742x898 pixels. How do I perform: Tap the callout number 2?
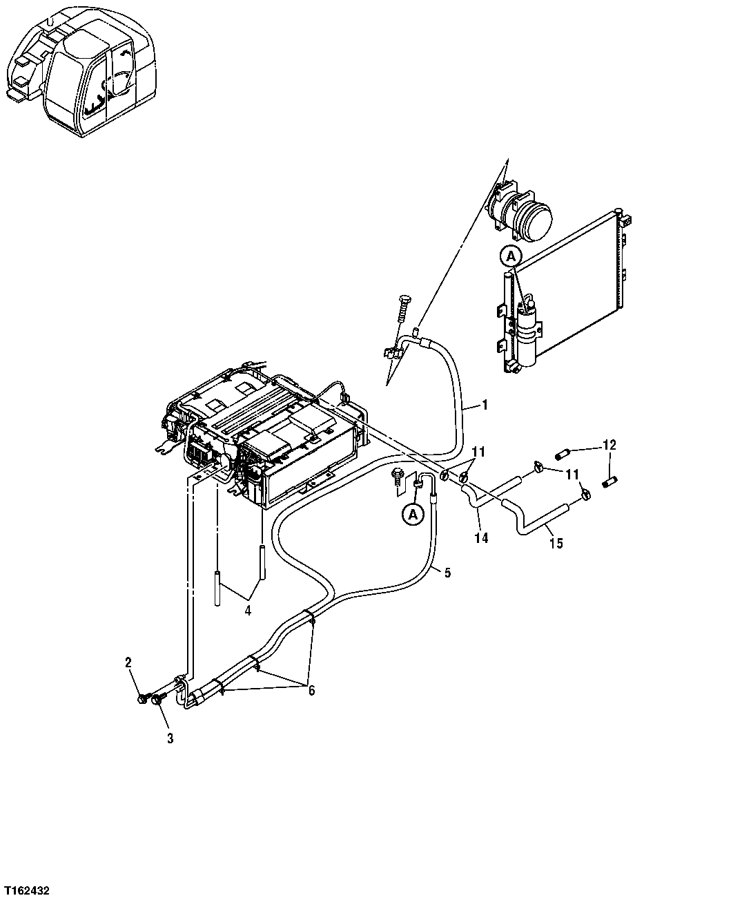(x=128, y=663)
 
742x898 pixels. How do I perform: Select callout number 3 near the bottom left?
(x=170, y=738)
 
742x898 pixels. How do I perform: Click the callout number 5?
(x=447, y=573)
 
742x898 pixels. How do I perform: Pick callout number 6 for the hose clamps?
(x=311, y=691)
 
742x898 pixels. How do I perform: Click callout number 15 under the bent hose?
(x=556, y=544)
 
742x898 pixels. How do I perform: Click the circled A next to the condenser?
(x=510, y=256)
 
